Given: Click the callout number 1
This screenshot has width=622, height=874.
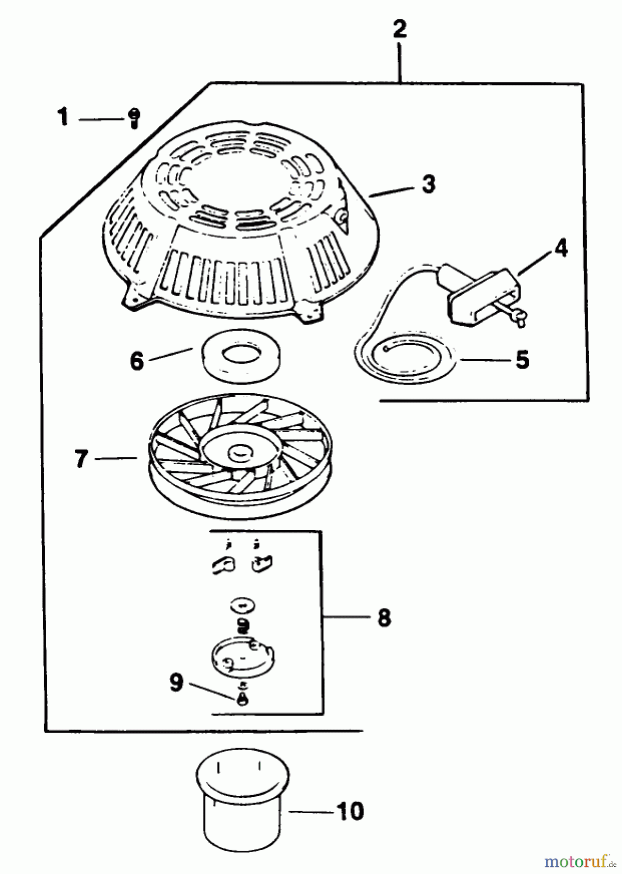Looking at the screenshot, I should click(x=63, y=118).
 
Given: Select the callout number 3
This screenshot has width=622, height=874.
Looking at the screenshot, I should click(x=428, y=185).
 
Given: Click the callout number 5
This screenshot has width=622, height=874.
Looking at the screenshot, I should click(x=522, y=360).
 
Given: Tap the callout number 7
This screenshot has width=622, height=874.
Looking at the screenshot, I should click(x=82, y=459).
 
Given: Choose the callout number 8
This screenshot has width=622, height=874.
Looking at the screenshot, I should click(x=384, y=618).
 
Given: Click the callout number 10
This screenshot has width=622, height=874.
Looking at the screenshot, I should click(x=350, y=811).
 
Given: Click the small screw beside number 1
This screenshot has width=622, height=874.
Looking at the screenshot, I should click(x=134, y=117).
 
